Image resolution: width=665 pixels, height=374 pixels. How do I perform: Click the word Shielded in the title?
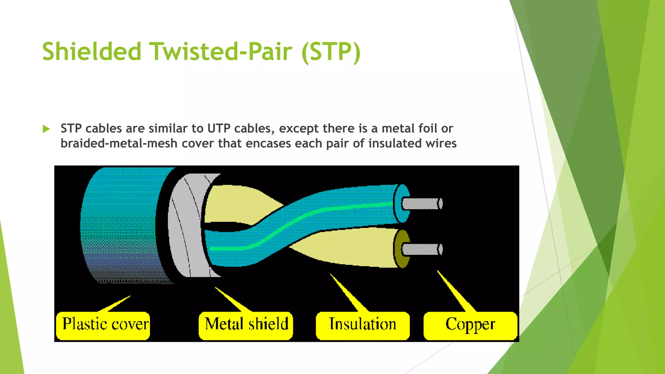point(92,52)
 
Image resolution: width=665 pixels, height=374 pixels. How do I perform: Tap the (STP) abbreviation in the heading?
point(331,52)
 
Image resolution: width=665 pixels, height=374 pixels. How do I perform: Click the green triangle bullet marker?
point(46,129)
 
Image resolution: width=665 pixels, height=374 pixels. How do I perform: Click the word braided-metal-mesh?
point(119,143)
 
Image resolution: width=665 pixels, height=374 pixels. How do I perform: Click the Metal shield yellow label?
point(246,325)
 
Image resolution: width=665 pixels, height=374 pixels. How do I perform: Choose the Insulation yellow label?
point(362,325)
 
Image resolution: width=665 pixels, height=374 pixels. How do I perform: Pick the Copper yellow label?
point(470,325)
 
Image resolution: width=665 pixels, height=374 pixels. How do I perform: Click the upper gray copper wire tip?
point(422,204)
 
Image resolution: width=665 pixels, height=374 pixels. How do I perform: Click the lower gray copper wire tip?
point(422,249)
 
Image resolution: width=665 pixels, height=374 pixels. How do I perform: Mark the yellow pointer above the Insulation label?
point(347,292)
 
